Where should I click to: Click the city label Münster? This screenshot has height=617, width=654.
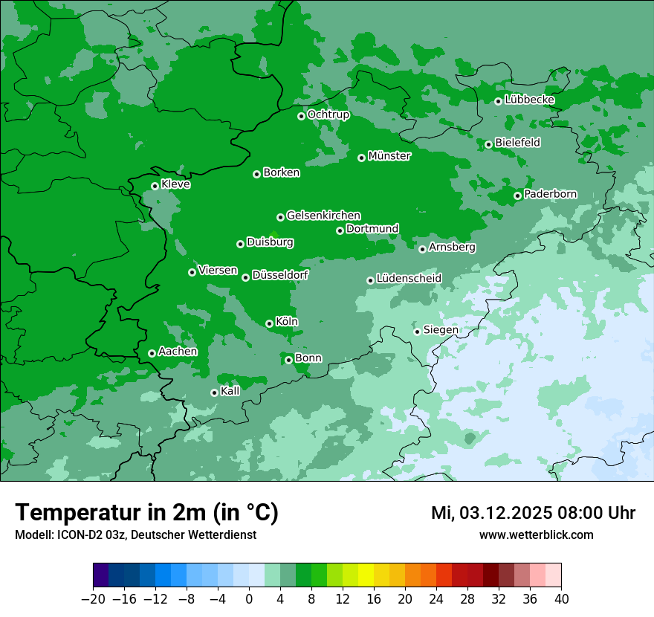389,156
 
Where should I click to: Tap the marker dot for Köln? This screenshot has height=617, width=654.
269,323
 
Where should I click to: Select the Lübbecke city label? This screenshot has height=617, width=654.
529,100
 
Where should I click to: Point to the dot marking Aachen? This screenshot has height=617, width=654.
152,353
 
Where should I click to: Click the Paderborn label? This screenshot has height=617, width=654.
550,194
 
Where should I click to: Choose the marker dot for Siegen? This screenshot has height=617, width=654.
417,332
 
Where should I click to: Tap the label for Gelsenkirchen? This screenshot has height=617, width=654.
323,216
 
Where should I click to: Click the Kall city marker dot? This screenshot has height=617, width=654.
214,393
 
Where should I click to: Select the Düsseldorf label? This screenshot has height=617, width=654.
280,275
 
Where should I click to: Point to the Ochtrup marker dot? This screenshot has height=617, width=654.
301,116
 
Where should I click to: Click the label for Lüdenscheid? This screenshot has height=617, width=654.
409,279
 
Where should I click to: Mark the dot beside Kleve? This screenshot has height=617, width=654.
155,186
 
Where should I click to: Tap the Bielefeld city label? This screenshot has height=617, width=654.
517,142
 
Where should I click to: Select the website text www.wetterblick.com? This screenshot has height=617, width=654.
536,535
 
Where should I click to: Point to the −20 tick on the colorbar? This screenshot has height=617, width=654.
93,599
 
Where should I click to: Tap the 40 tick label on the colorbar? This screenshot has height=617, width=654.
561,599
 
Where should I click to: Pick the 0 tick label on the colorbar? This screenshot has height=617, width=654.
249,599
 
